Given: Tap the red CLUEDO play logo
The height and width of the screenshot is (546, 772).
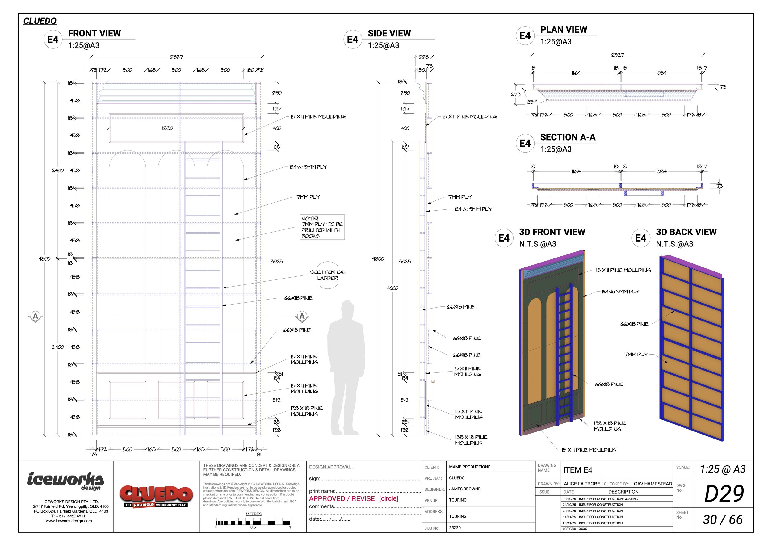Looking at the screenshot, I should click(156, 496).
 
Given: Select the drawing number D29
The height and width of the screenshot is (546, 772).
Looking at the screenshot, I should click(724, 494).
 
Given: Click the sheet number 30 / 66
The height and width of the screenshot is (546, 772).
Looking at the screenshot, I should click(723, 520).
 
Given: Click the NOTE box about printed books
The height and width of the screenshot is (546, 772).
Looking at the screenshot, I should click(322, 227).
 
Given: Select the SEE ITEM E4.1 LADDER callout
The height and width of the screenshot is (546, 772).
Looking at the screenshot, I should click(328, 275).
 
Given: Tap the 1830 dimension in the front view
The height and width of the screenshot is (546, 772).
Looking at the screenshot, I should click(167, 128).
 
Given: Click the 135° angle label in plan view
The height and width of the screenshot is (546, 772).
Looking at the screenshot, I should click(531, 102).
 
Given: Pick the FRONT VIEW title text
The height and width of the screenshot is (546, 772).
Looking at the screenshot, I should click(94, 34).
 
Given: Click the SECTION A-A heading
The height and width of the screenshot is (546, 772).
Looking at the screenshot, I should click(568, 137).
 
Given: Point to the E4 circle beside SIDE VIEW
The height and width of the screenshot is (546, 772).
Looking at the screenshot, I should click(352, 39).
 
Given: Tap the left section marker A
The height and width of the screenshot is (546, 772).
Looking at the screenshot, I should click(35, 316).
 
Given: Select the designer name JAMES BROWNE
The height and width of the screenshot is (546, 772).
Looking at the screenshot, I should click(465, 489).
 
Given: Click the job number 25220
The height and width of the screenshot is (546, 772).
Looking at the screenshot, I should click(455, 527).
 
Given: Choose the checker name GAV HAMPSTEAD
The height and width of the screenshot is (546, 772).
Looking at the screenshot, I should click(652, 484).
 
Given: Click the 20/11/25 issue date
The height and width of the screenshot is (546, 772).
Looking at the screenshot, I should click(569, 523).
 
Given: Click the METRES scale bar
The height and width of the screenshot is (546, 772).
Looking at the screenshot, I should click(253, 523).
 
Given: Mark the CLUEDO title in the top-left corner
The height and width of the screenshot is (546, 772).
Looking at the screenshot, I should click(40, 21).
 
